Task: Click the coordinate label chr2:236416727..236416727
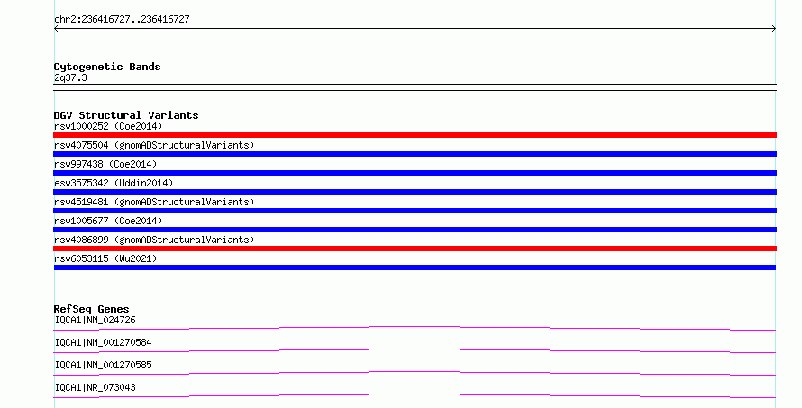[x=122, y=20]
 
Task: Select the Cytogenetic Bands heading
[x=107, y=67]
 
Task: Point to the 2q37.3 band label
[x=70, y=77]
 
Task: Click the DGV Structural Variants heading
[x=126, y=115]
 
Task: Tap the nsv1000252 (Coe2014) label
[x=108, y=126]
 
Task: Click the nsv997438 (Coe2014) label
[x=105, y=164]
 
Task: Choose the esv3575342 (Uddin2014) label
[x=114, y=183]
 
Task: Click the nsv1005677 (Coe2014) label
[x=108, y=221]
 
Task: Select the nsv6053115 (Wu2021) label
[x=105, y=258]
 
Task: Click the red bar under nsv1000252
[x=415, y=135]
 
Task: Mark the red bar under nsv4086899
[x=415, y=249]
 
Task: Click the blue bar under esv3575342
[x=415, y=192]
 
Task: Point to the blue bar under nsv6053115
[x=415, y=267]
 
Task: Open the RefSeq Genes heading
[x=91, y=309]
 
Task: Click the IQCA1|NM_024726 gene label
[x=96, y=320]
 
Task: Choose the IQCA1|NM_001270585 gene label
[x=104, y=365]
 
